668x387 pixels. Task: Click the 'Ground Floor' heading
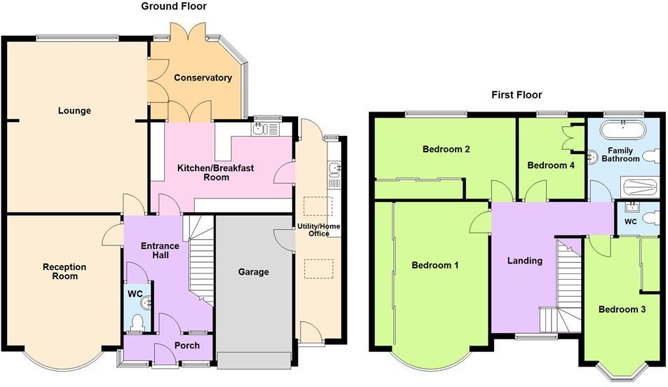pos(174,6)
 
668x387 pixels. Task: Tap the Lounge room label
pos(74,111)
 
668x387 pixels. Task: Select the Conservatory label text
pos(203,78)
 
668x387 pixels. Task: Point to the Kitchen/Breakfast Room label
pos(215,172)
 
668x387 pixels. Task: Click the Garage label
pos(253,272)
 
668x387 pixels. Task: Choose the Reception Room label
pos(64,271)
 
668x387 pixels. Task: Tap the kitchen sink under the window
pos(259,128)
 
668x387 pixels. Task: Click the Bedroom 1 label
pos(435,265)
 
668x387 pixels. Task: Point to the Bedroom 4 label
pos(550,165)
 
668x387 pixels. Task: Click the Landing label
pos(524,261)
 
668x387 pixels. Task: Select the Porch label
pos(186,346)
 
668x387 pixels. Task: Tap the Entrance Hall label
pos(160,251)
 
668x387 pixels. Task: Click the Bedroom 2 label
pos(446,149)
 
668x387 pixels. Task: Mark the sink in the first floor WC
pos(632,206)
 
